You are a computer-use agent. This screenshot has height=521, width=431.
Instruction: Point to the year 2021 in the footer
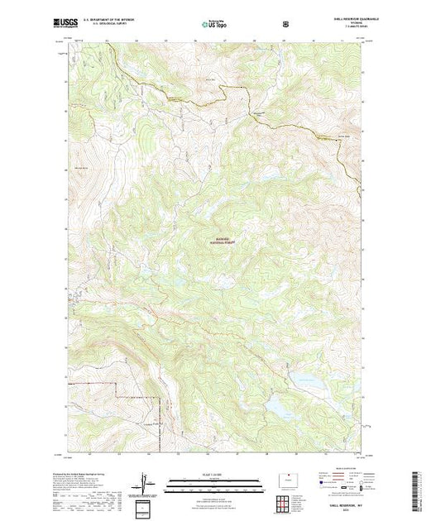340,515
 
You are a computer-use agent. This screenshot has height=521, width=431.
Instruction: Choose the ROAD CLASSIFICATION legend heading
340,473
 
